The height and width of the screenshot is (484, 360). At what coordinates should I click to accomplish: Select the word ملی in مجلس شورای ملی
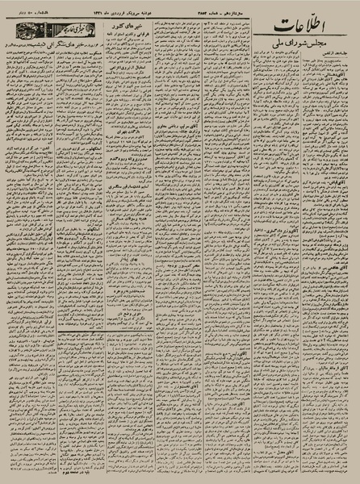coord(293,62)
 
